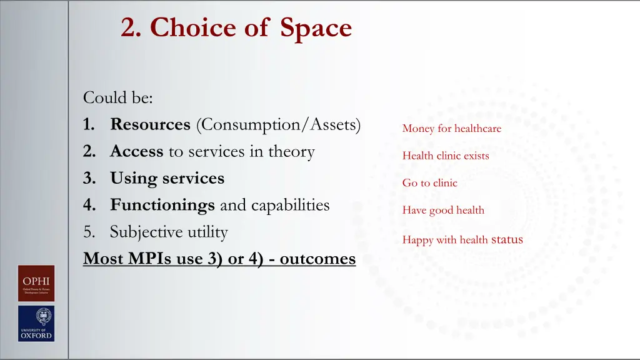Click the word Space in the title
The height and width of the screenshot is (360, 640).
(x=316, y=27)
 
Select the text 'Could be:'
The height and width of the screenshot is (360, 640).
(x=118, y=98)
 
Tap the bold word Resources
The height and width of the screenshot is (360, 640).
(x=150, y=124)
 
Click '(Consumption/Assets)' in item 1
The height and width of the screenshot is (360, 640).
(x=278, y=124)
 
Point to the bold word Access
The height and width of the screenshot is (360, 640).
(x=137, y=151)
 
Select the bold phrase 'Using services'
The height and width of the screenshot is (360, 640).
(x=167, y=178)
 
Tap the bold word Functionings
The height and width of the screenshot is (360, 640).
(x=162, y=205)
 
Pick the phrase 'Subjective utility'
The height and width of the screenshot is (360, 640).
(x=169, y=232)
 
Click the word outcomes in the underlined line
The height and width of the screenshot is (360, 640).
(x=317, y=259)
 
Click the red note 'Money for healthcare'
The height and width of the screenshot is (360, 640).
(x=451, y=129)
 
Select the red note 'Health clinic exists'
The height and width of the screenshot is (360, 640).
(x=446, y=156)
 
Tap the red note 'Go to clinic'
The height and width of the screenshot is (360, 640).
(x=429, y=183)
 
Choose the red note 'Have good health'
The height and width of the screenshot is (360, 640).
(x=443, y=210)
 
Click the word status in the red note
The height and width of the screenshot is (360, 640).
(x=507, y=239)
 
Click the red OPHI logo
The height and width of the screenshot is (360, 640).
(x=36, y=283)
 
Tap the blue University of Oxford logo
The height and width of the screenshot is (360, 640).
(x=36, y=323)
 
